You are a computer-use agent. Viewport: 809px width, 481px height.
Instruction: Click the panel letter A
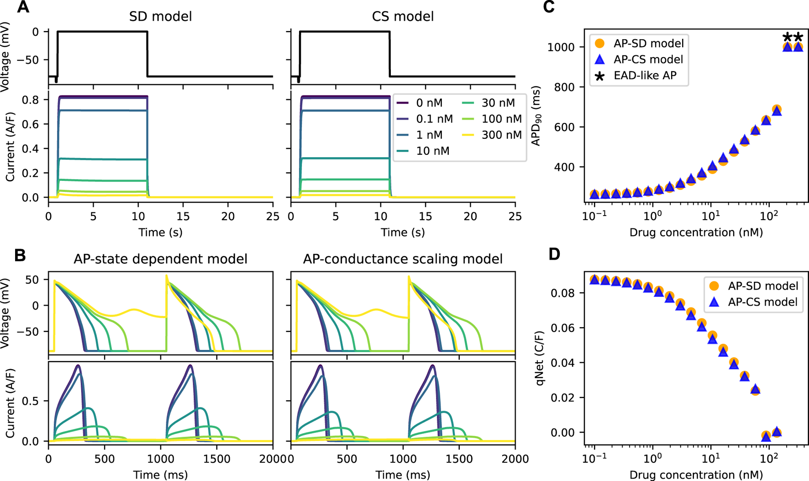pos(22,8)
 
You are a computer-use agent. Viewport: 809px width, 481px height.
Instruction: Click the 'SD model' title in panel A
pos(160,17)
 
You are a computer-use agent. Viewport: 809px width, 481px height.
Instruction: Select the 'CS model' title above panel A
pos(403,17)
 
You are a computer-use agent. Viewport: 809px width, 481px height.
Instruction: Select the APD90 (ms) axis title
pos(536,116)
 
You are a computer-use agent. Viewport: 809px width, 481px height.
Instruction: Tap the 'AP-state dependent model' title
pos(160,259)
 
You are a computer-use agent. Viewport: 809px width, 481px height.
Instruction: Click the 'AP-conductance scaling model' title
pos(403,259)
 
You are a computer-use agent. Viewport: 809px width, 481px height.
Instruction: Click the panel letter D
pos(554,254)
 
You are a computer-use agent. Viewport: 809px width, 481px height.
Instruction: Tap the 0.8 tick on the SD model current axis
pos(35,100)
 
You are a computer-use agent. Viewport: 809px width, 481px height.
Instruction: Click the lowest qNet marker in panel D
pos(766,436)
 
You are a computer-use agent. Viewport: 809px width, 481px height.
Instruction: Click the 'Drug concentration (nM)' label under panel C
pos(696,233)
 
